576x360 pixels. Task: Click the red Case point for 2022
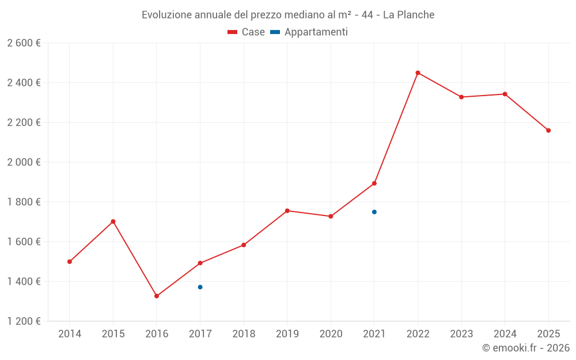tap(418, 73)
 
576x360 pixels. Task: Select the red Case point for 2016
tap(157, 295)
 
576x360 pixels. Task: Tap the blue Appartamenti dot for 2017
tap(200, 287)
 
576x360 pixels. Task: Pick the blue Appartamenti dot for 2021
tap(374, 212)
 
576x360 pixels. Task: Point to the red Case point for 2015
tap(113, 222)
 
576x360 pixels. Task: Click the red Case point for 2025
tap(548, 130)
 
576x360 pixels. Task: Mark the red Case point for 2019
tap(287, 211)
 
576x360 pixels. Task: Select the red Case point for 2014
tap(70, 262)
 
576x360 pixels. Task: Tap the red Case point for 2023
tap(461, 97)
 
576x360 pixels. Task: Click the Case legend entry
tap(246, 32)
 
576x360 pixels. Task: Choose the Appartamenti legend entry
tap(309, 32)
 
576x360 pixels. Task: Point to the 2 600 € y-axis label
tap(24, 43)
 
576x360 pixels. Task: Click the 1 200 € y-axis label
tap(24, 321)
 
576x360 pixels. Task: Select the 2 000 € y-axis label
tap(24, 162)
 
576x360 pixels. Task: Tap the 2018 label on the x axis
tap(244, 334)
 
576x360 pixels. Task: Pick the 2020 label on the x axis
tap(331, 334)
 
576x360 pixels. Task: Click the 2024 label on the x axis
tap(505, 334)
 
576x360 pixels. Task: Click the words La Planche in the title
tap(408, 15)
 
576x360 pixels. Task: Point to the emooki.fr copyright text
tap(526, 347)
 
